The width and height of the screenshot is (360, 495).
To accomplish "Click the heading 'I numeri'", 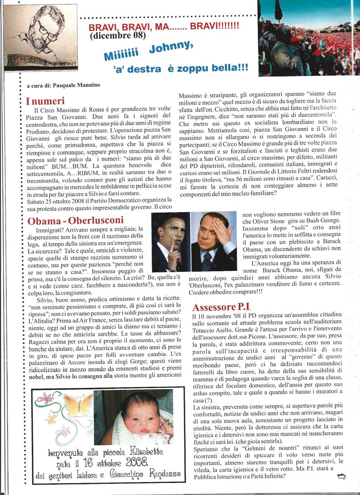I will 46,101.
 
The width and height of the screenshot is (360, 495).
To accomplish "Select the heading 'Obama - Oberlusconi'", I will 76,220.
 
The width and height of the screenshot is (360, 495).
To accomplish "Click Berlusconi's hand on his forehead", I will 219,230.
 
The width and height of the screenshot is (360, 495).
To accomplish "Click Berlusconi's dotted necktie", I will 207,261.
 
